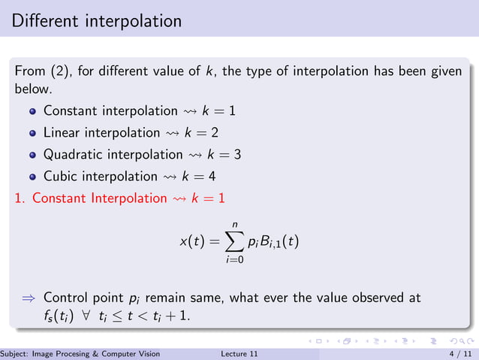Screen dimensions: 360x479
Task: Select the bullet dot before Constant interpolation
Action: click(x=32, y=111)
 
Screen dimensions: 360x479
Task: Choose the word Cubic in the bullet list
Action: click(x=60, y=177)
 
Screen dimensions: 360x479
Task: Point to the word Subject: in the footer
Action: click(x=14, y=353)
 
